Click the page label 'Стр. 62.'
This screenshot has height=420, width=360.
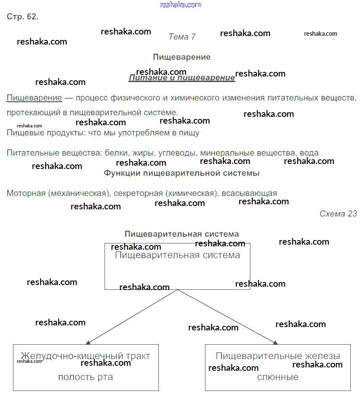tap(23, 17)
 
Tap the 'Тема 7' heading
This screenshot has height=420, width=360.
tap(182, 37)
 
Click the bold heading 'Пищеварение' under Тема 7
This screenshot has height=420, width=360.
tap(181, 57)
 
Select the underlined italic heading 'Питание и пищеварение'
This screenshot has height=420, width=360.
tap(181, 78)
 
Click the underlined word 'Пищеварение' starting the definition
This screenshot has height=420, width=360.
tap(34, 98)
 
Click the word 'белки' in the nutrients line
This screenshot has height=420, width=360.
tap(116, 153)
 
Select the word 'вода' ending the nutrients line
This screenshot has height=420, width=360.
tap(309, 153)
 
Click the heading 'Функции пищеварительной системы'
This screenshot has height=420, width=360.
tap(181, 173)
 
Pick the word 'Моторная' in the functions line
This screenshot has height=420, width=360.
tap(26, 193)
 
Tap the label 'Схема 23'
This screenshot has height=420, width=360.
tap(338, 214)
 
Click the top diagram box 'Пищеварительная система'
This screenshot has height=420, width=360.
tap(177, 266)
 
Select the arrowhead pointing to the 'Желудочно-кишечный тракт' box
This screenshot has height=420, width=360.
tap(88, 343)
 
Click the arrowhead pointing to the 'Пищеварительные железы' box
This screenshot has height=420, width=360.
tap(275, 343)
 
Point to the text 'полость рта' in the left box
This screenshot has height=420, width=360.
tap(86, 377)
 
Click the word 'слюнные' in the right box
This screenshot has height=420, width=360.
tap(278, 377)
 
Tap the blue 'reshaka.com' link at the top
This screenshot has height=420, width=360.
tap(181, 5)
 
